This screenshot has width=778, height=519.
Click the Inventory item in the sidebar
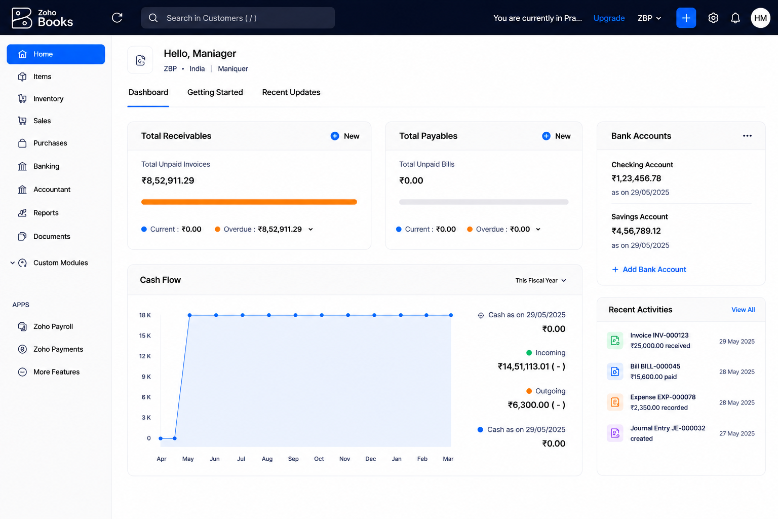click(x=48, y=99)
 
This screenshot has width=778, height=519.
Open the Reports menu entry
click(x=46, y=213)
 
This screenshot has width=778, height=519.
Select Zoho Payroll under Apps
click(x=53, y=326)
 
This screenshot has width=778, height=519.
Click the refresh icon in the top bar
click(x=117, y=18)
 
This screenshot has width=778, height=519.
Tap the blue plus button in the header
click(x=686, y=18)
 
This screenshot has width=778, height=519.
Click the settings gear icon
click(x=713, y=18)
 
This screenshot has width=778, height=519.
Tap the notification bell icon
click(x=735, y=18)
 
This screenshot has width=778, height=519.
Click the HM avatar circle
click(x=760, y=18)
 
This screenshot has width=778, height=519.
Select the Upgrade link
click(x=609, y=18)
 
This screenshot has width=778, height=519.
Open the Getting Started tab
click(x=215, y=92)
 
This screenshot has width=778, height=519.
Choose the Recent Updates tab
click(x=291, y=92)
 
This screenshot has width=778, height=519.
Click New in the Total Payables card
click(x=556, y=136)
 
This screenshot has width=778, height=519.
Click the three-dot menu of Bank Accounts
click(x=747, y=135)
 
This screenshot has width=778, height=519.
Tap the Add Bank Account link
click(x=649, y=270)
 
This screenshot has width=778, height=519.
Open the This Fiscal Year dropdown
click(x=541, y=280)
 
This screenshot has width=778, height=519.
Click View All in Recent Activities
click(x=743, y=310)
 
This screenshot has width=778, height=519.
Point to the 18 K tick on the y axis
click(x=145, y=315)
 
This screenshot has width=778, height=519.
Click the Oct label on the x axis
click(x=319, y=459)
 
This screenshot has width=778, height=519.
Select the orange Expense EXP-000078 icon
click(x=615, y=402)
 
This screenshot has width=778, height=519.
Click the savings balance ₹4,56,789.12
click(x=636, y=231)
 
